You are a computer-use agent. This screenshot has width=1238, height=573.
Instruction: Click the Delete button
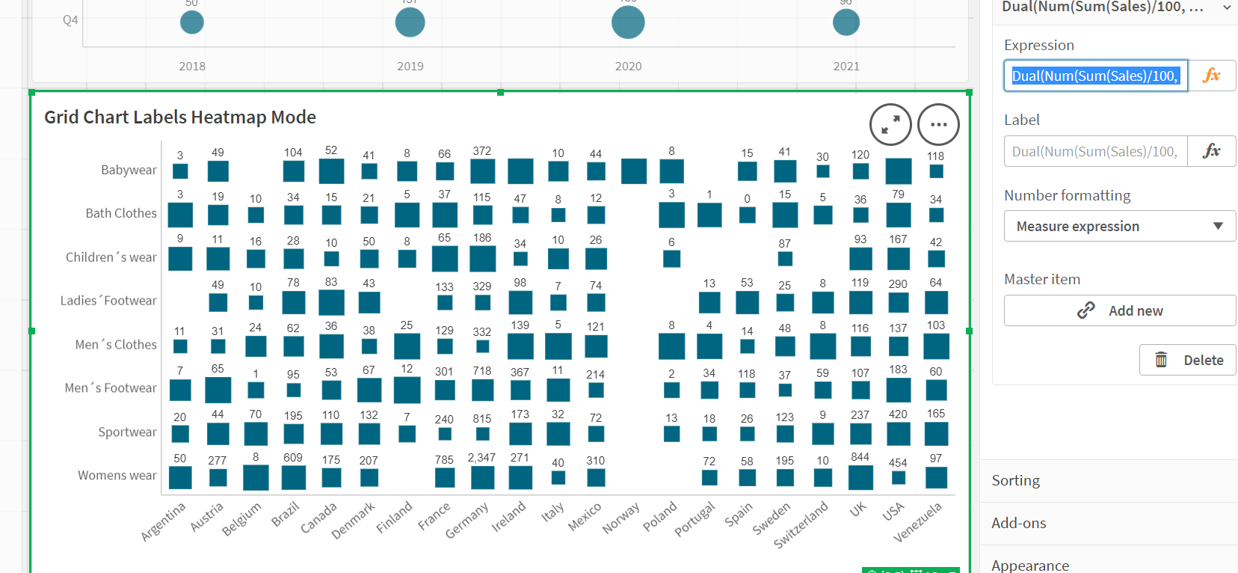(x=1187, y=360)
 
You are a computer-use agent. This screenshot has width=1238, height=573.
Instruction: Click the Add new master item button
(x=1119, y=310)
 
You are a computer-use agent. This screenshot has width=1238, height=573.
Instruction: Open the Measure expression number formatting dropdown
(x=1119, y=226)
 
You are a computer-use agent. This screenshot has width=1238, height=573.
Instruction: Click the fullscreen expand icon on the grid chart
(x=890, y=124)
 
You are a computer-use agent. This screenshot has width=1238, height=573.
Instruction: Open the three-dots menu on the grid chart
(x=938, y=124)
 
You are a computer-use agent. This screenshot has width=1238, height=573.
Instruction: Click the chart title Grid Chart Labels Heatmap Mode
(x=180, y=117)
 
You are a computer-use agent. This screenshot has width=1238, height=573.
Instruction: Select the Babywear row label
(x=129, y=170)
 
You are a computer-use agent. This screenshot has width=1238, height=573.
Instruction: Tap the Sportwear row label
(x=127, y=432)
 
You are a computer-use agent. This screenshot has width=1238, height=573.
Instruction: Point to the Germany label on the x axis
(x=466, y=520)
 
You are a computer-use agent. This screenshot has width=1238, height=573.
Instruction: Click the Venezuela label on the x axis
(x=917, y=522)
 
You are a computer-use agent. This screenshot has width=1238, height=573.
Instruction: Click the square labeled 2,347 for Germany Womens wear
(x=482, y=477)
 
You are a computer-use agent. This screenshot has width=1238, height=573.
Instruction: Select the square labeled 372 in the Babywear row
(x=482, y=171)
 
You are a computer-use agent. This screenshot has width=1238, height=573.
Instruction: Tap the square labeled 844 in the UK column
(x=860, y=477)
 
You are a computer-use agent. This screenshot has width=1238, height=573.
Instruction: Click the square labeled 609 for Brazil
(x=293, y=477)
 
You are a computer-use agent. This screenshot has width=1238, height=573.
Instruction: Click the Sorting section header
(x=1015, y=480)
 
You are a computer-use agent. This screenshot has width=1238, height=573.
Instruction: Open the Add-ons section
(x=1018, y=523)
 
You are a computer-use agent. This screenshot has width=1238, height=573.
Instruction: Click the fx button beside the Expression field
(x=1211, y=76)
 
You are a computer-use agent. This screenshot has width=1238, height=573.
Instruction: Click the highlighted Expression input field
(x=1095, y=76)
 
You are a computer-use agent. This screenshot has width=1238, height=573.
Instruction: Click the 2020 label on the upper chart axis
(x=628, y=66)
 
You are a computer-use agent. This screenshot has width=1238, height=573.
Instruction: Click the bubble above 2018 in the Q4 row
(x=192, y=22)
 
